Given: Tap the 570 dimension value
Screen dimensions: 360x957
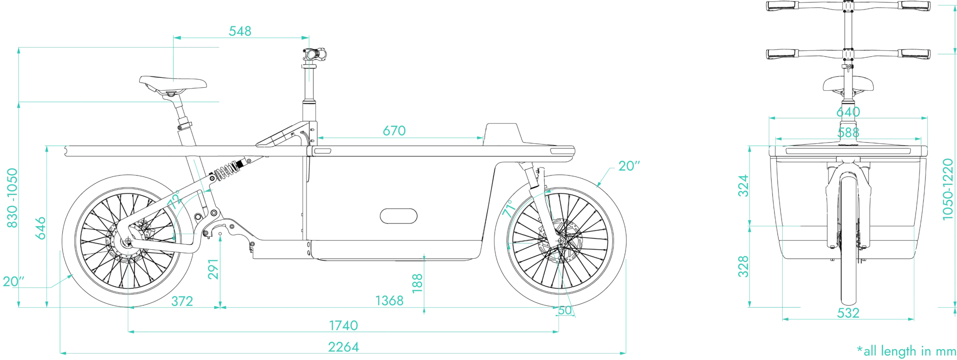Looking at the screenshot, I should (395, 131).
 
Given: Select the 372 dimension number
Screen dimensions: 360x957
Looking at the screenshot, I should (182, 301).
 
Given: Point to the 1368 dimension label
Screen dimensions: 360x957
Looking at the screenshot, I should (390, 301).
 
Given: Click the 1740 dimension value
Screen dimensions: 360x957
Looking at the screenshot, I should (343, 326).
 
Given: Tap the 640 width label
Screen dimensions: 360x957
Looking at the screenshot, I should (848, 111).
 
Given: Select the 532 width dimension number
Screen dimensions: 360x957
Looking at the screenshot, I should (848, 314).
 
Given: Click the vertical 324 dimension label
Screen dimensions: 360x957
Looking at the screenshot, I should (744, 185).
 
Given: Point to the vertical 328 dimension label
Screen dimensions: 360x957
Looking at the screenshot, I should (744, 267).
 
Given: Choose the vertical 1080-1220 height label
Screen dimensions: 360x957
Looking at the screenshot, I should (950, 189).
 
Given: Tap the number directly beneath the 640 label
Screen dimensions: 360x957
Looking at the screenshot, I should (848, 133).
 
